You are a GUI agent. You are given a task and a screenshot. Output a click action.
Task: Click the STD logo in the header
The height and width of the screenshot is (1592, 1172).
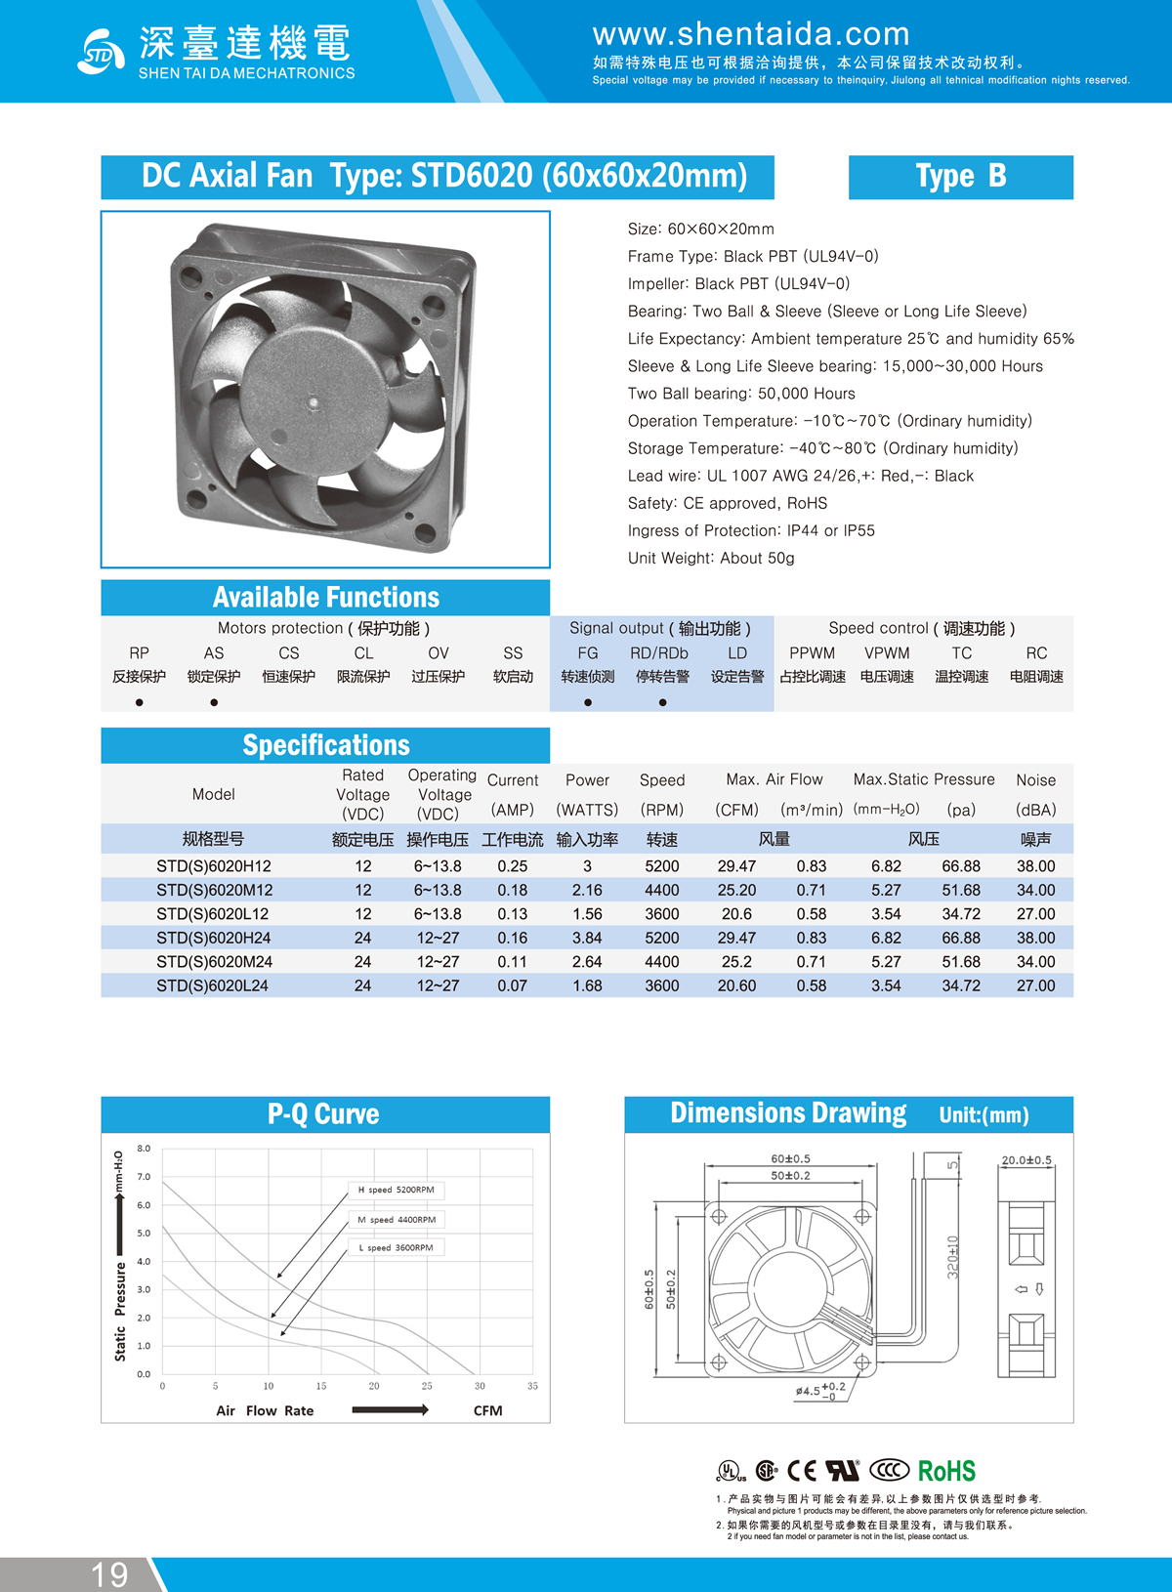(x=100, y=52)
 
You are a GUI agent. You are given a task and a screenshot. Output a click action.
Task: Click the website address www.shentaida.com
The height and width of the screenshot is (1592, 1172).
(x=750, y=34)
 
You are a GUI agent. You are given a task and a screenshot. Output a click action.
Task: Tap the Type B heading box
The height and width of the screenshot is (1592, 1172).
(x=960, y=177)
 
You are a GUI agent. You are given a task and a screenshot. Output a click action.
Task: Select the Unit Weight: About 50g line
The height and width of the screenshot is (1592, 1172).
(x=710, y=558)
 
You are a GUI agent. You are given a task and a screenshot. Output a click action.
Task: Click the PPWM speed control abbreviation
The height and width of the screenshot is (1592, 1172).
(x=812, y=652)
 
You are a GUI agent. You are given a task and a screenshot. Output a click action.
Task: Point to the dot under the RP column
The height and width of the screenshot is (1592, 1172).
(x=140, y=702)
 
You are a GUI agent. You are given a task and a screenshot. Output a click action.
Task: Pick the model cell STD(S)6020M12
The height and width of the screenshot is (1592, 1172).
(x=214, y=890)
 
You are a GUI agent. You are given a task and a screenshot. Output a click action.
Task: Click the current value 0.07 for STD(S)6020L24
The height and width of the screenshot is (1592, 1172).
(x=512, y=985)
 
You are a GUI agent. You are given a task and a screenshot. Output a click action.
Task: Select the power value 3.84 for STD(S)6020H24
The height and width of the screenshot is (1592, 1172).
(x=587, y=938)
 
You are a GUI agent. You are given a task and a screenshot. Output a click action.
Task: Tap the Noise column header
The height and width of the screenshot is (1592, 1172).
(x=1035, y=780)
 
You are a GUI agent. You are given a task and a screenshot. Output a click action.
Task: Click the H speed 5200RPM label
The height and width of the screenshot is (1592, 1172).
(x=396, y=1190)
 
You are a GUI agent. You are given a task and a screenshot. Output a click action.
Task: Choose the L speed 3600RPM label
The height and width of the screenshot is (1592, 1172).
(x=396, y=1247)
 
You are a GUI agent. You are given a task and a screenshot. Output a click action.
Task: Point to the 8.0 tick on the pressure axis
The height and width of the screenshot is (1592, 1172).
(x=144, y=1149)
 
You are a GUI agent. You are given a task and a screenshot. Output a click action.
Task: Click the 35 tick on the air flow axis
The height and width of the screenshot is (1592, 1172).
(x=532, y=1386)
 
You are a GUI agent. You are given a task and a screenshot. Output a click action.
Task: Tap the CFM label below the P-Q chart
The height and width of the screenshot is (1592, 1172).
(x=487, y=1410)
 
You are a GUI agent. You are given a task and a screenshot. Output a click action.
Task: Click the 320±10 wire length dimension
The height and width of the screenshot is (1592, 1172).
(x=952, y=1256)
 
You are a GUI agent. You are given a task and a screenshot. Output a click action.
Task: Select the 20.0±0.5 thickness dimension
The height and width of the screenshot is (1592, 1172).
(x=1025, y=1160)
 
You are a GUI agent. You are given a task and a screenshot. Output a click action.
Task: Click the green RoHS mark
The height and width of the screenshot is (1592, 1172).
(x=946, y=1471)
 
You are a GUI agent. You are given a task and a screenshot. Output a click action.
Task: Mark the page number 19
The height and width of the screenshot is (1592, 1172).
(x=109, y=1574)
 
